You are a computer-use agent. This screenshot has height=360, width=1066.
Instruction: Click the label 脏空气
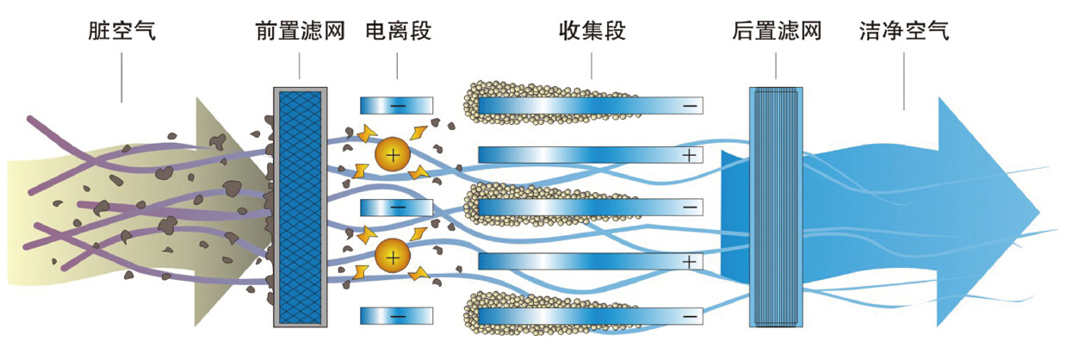click(122, 32)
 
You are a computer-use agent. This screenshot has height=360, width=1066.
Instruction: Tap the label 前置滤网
click(300, 32)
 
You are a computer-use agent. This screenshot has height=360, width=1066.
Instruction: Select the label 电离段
click(398, 32)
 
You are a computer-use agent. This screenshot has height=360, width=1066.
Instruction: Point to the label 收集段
click(592, 32)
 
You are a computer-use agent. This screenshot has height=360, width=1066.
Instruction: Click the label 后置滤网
click(777, 32)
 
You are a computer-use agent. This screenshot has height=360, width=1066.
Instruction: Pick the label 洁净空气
click(904, 32)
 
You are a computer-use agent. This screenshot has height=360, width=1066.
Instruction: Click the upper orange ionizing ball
click(393, 155)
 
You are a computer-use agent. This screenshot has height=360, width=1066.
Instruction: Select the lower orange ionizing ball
click(393, 256)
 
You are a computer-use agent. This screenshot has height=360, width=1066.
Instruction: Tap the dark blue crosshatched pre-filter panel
click(300, 207)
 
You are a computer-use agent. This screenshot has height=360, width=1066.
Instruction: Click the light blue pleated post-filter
click(776, 207)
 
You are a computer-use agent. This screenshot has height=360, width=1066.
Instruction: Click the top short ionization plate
click(396, 105)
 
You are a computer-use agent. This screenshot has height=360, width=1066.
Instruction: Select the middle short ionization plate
click(396, 208)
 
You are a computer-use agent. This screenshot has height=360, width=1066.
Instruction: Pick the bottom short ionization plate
click(396, 315)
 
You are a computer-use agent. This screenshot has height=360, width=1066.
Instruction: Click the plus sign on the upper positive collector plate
click(689, 155)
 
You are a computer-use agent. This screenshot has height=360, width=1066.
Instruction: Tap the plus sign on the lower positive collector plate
click(689, 260)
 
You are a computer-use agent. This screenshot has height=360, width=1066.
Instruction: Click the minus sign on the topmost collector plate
click(690, 106)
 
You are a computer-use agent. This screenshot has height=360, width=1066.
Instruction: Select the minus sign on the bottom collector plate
click(690, 316)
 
